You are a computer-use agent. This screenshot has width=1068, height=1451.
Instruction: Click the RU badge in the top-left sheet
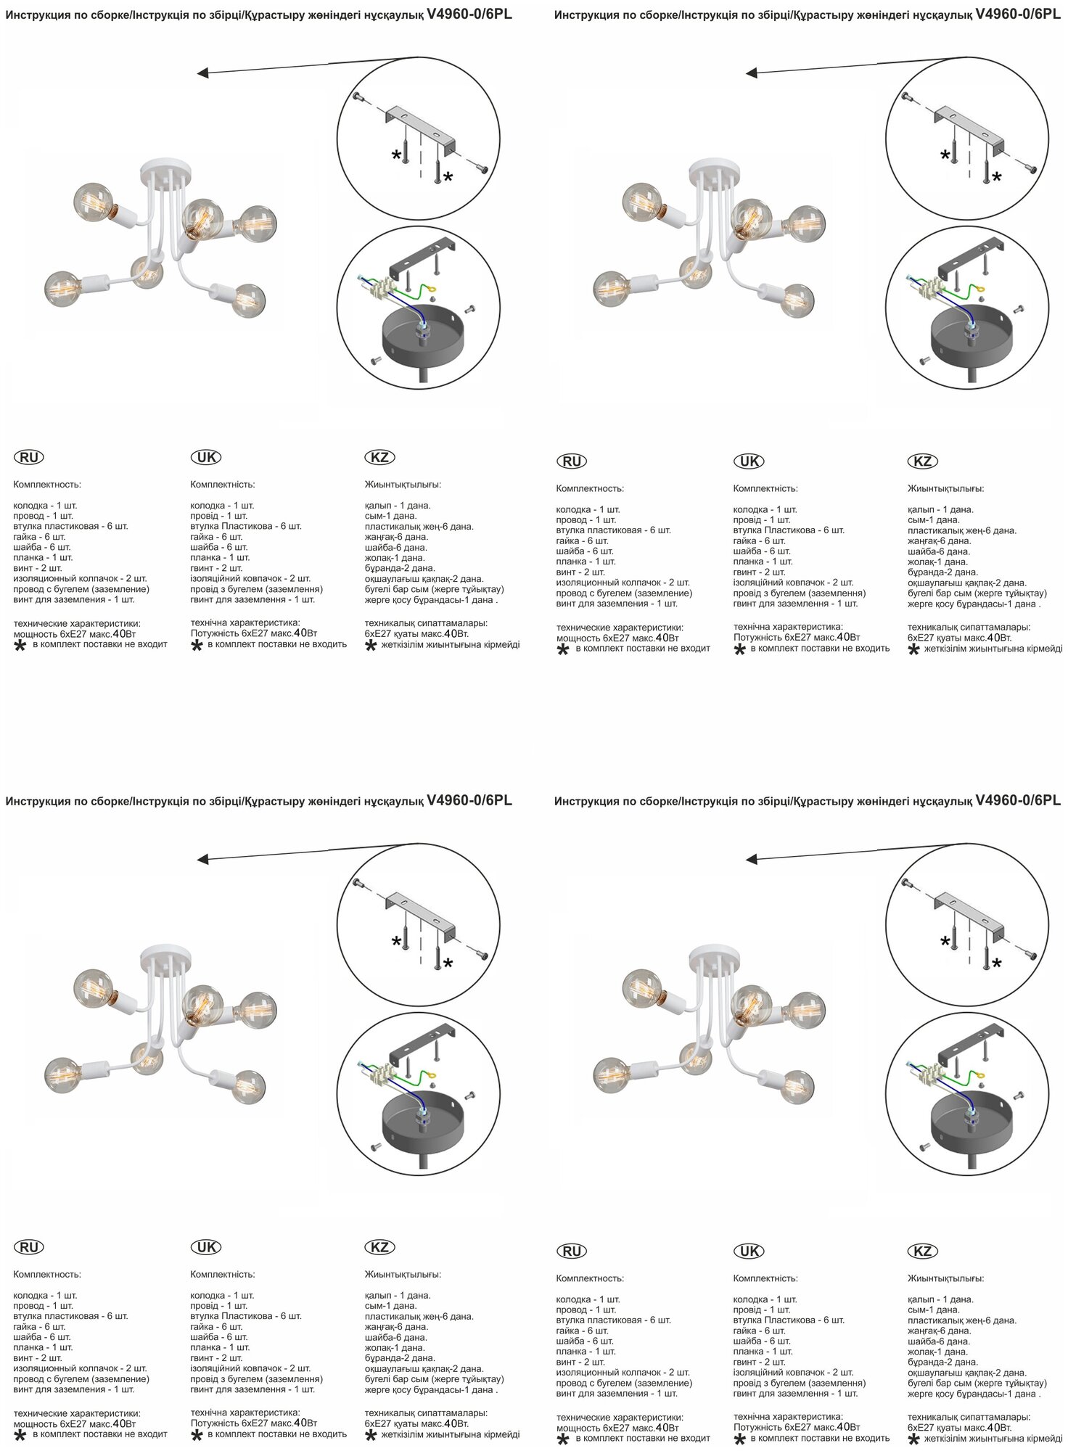[29, 457]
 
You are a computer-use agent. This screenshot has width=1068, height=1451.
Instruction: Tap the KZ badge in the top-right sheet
[922, 461]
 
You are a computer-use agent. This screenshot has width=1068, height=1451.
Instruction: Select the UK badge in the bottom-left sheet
[206, 1247]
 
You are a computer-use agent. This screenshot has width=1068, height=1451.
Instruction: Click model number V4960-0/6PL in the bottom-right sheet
[1018, 801]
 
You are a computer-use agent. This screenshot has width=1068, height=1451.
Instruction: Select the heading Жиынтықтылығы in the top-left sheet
[403, 485]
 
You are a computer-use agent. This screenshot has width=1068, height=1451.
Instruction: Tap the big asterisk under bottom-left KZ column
[371, 1436]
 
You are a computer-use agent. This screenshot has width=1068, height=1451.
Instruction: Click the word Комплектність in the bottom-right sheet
[765, 1278]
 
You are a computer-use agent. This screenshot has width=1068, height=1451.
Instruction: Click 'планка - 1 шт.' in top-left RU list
[43, 557]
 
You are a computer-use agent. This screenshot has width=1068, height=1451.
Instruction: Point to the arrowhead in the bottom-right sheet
[752, 860]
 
